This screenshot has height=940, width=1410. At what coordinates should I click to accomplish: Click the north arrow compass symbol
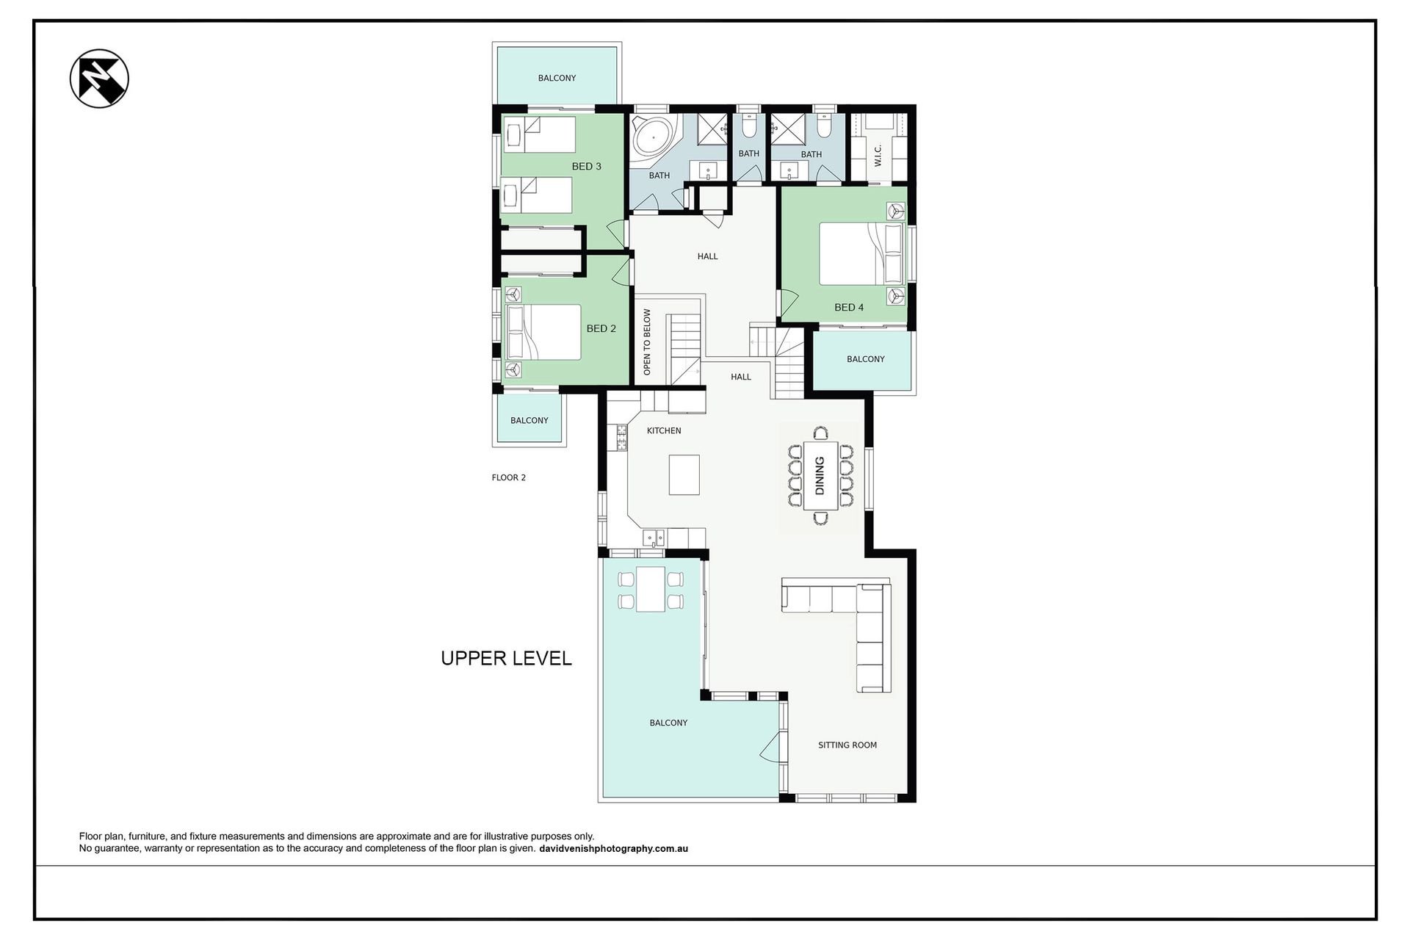(99, 79)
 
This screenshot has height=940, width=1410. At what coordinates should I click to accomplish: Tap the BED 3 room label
(587, 167)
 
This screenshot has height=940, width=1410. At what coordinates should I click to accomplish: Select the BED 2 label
(601, 329)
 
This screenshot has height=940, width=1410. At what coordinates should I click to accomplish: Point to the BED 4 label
(849, 308)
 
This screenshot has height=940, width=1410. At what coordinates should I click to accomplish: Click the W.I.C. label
(878, 154)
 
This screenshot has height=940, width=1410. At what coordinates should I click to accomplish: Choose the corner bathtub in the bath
(652, 137)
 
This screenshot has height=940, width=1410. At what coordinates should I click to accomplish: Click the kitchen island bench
(684, 474)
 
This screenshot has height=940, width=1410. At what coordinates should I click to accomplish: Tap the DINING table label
(820, 475)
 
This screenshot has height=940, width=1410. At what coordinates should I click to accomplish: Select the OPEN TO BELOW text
(647, 342)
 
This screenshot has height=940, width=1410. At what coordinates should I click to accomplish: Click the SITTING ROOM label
(847, 745)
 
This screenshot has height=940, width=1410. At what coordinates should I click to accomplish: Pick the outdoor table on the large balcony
(651, 589)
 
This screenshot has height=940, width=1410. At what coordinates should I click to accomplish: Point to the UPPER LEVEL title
(506, 659)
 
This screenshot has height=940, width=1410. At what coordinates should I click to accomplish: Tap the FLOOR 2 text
(509, 478)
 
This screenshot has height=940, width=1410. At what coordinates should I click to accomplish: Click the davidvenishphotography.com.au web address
(613, 849)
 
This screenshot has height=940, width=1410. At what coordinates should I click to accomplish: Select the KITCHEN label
(664, 431)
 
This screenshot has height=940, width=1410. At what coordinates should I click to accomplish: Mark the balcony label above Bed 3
(557, 79)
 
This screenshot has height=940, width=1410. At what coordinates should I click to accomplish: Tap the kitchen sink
(654, 538)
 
